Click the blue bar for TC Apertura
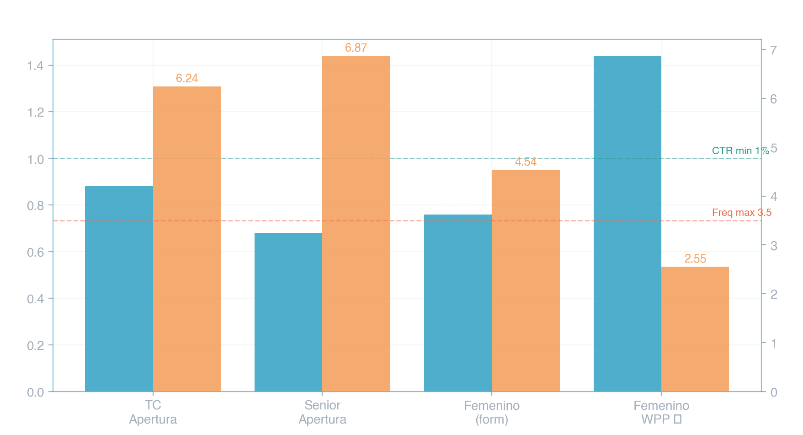click(119, 288)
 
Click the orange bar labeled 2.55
click(695, 329)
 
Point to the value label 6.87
click(356, 48)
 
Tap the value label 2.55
click(695, 259)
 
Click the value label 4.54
click(526, 162)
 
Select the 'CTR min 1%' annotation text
click(740, 151)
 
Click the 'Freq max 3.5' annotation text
click(741, 213)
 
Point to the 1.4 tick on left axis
click(36, 66)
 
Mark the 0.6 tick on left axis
click(36, 252)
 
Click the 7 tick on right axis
click(773, 50)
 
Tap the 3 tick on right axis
click(773, 246)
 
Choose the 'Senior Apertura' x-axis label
click(322, 412)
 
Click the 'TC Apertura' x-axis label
click(153, 412)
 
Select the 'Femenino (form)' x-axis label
click(492, 412)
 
